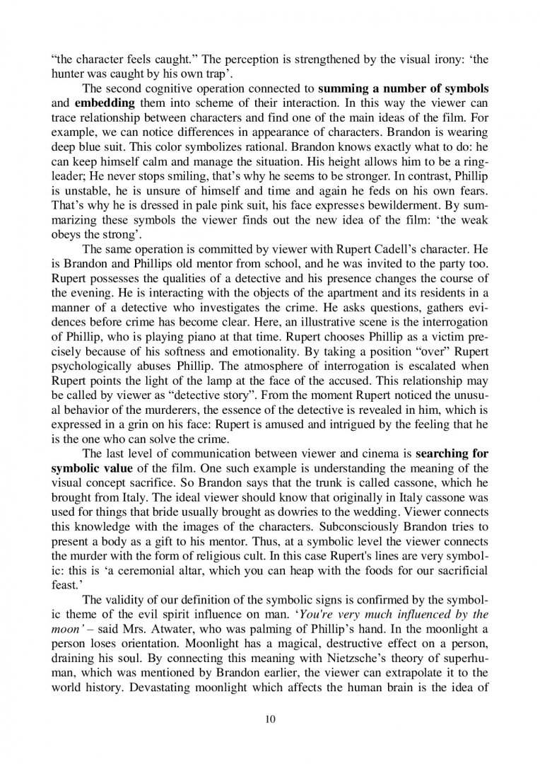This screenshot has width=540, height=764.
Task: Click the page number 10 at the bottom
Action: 269,719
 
